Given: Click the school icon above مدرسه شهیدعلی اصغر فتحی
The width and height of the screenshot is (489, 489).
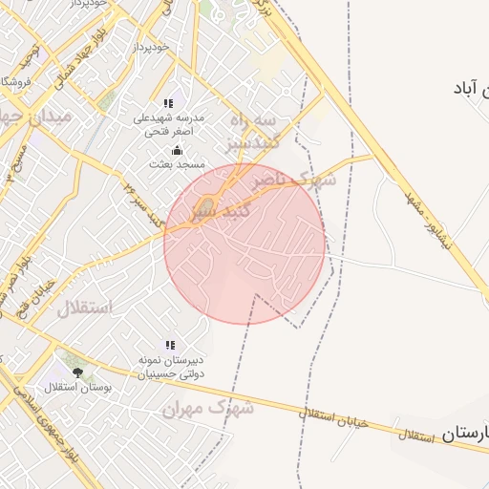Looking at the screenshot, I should pyautogui.click(x=169, y=103).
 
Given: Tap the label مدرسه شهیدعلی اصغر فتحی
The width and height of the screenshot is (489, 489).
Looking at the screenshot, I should pyautogui.click(x=168, y=124).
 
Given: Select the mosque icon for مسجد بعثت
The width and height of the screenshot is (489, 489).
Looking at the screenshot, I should pyautogui.click(x=176, y=150).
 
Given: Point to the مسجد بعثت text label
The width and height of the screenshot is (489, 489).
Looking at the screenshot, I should pyautogui.click(x=173, y=164).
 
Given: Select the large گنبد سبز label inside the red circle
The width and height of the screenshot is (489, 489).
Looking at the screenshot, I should pyautogui.click(x=222, y=212).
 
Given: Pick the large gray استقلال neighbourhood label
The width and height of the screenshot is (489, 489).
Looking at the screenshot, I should pyautogui.click(x=84, y=308).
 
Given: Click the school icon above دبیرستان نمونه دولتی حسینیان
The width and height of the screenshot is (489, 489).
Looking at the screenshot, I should pyautogui.click(x=170, y=345).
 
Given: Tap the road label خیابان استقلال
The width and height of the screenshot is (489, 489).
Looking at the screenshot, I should pyautogui.click(x=331, y=417).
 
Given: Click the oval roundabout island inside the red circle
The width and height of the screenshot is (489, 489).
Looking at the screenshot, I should pyautogui.click(x=208, y=202).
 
